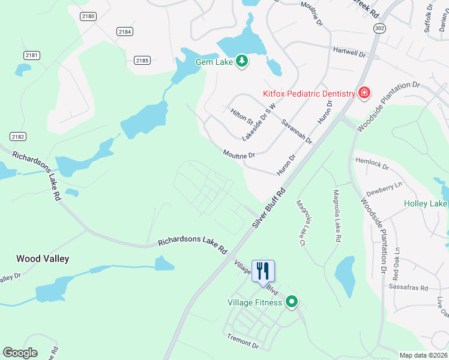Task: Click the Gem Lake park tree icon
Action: tap(242, 61)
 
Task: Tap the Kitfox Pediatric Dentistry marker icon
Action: tap(364, 93)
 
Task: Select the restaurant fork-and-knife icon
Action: tap(263, 270)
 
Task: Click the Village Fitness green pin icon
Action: tap(292, 302)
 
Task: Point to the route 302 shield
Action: tap(379, 28)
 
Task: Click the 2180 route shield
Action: tap(88, 16)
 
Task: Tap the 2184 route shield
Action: tap(125, 31)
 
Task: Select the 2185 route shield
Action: tap(142, 60)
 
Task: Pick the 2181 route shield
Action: tap(32, 55)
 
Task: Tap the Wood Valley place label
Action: tap(43, 259)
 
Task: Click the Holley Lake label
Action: tap(425, 204)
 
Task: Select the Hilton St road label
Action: tap(242, 116)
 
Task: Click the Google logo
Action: tap(20, 352)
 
